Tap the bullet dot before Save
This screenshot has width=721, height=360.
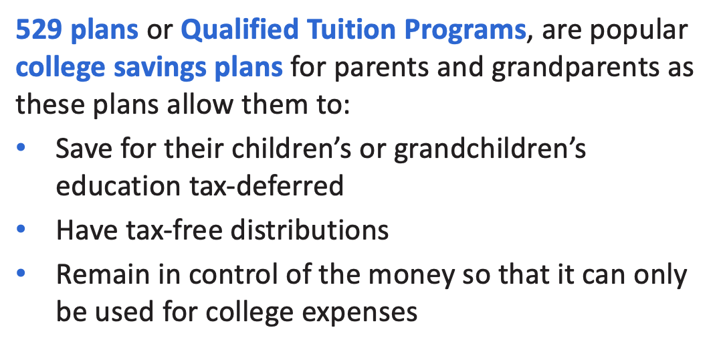(20, 149)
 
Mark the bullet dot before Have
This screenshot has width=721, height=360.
(20, 228)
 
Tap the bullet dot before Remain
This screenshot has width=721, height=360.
(20, 273)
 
